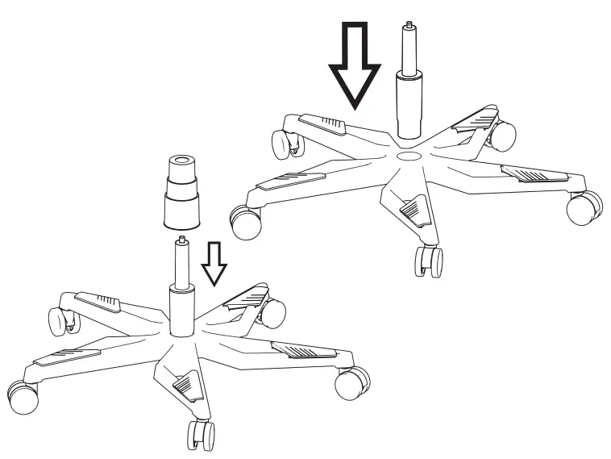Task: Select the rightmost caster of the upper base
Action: pyautogui.click(x=584, y=208)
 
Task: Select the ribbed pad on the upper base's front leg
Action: pyautogui.click(x=414, y=211)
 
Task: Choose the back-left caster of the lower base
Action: pyautogui.click(x=59, y=320)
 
